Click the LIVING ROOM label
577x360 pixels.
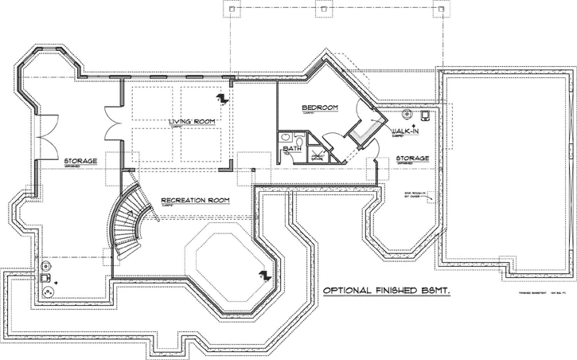192,121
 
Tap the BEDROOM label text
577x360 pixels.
320,107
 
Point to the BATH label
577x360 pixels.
293,147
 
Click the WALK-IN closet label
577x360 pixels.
406,130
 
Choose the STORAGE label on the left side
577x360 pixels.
80,160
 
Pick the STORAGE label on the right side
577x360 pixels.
412,158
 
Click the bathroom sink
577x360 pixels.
285,139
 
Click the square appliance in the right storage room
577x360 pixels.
425,115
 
